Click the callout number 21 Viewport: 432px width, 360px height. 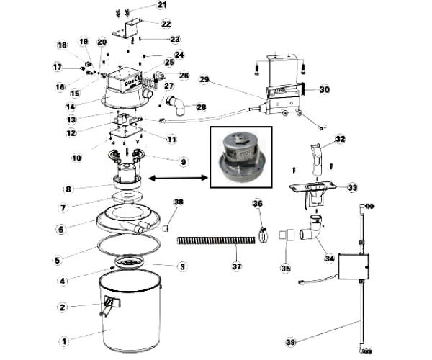162,5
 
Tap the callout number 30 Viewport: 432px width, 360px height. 325,89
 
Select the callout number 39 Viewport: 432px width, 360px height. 290,343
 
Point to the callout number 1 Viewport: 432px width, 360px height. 64,342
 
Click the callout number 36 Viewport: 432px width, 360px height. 258,204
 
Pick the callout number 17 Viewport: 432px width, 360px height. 58,68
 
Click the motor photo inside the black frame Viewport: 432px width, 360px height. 240,158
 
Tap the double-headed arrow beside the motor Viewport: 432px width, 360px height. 179,179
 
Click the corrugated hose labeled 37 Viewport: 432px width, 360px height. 216,240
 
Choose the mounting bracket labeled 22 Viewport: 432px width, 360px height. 127,29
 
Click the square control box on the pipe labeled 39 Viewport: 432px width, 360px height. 354,266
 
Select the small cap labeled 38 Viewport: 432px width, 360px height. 165,228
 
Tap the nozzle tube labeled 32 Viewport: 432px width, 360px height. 318,159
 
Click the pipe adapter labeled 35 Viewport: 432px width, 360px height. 287,235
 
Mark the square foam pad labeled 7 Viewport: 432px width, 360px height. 128,197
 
